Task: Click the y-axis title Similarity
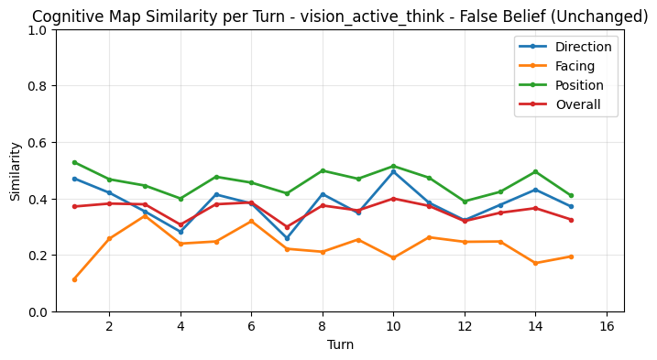coord(16,171)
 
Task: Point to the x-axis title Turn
coord(340,345)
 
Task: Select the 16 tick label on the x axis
coord(607,327)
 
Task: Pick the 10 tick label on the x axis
coord(393,327)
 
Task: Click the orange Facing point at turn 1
coord(74,279)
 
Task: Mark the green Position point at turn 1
coord(74,162)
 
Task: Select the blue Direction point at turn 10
coord(393,171)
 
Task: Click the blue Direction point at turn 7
coord(287,239)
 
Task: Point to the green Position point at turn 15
coord(571,195)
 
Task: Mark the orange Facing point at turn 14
coord(535,263)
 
